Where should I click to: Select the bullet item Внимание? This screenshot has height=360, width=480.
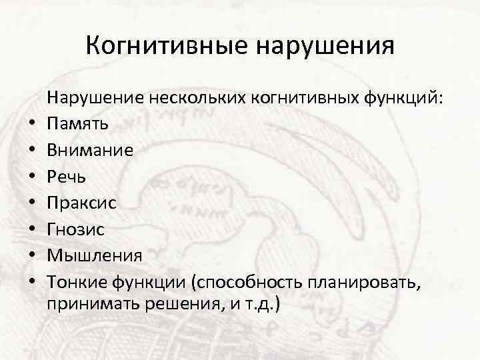90,151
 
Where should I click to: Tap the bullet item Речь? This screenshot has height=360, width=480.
65,177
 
